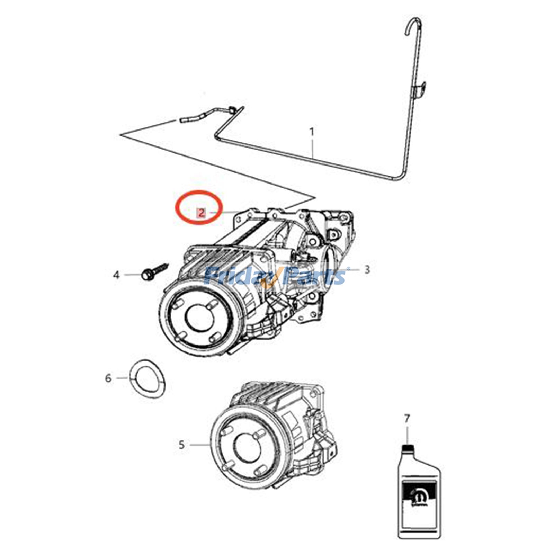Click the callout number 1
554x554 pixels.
(312, 132)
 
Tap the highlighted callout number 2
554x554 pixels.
(201, 212)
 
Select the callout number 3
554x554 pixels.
(367, 269)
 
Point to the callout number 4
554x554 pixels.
(116, 275)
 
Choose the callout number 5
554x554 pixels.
(182, 444)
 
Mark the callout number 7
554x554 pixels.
(407, 419)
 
